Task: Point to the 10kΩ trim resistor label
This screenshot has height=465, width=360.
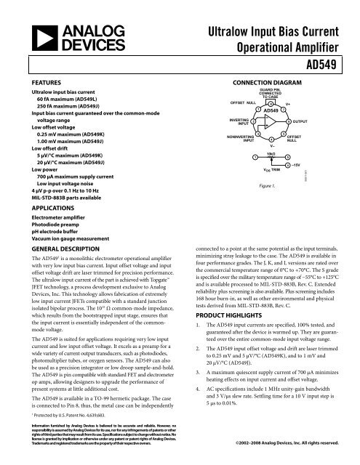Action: point(271,155)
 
